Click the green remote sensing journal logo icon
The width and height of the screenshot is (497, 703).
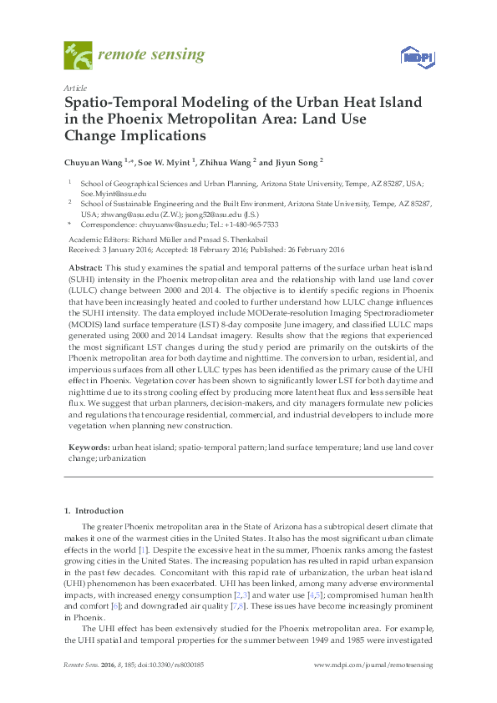[79, 55]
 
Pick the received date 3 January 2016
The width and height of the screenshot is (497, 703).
[130, 249]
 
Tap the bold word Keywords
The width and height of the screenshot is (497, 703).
[88, 448]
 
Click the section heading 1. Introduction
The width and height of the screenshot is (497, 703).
[94, 510]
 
